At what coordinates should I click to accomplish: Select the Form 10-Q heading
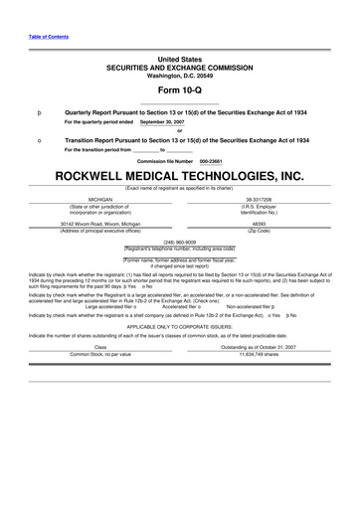(179, 90)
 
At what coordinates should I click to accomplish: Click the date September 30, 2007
(163, 122)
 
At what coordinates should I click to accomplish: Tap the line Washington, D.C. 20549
(179, 75)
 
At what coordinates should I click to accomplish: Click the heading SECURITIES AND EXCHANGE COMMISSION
(179, 67)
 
